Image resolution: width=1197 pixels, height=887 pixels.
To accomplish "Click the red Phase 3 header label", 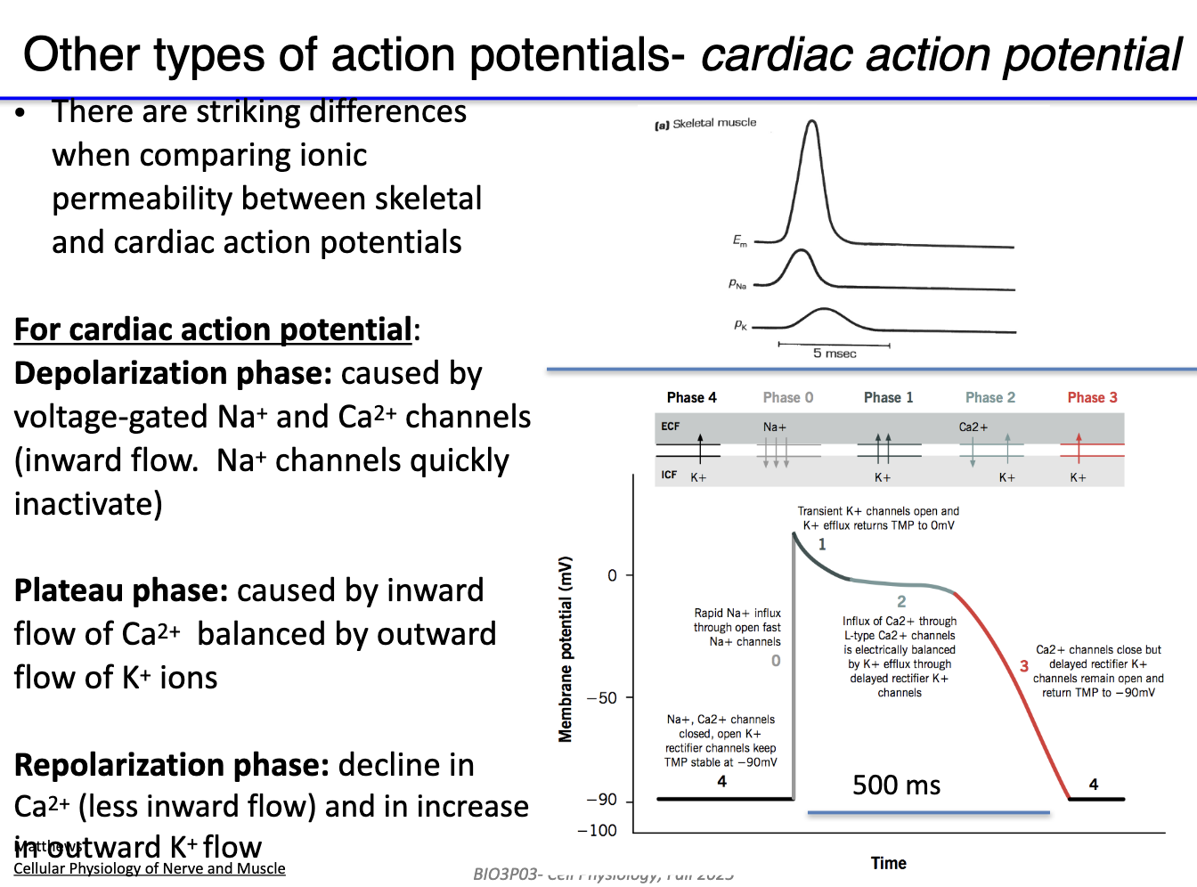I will point(1092,397).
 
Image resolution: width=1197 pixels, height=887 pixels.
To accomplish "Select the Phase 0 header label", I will point(787,397).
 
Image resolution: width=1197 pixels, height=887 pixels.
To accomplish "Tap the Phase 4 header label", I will point(691,397).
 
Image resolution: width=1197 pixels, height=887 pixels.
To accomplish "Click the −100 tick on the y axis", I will point(598,830).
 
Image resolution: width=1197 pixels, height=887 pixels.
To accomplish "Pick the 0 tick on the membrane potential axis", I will point(612,575).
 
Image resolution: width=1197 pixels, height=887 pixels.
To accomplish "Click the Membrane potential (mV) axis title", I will point(565,649).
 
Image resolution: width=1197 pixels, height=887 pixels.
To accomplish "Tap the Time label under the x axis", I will point(888,863).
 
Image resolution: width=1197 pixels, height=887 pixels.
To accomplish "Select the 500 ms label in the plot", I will point(896,785).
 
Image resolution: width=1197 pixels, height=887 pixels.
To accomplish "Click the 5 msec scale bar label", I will point(835,354).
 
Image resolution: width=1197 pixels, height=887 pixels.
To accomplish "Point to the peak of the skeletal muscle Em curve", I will point(811,122).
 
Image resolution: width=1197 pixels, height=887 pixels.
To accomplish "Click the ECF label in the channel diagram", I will point(670,427).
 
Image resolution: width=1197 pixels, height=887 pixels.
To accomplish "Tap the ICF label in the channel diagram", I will point(669,475).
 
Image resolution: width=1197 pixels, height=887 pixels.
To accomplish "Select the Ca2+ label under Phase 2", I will point(973,427).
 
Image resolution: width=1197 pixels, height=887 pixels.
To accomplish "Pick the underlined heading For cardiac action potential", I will point(213,330).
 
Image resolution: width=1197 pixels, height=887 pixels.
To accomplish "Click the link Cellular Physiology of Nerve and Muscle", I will point(150,868).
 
